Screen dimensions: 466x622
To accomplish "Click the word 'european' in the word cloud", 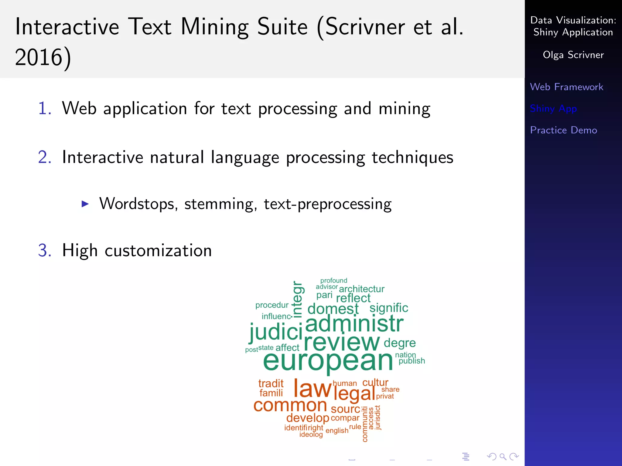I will tap(328, 362).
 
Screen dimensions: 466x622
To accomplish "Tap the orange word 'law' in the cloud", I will tap(312, 389).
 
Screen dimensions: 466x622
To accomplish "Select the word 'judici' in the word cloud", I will tap(276, 332).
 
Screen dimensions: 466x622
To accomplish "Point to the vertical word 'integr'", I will tap(298, 299).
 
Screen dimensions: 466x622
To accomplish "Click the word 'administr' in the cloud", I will tap(354, 324).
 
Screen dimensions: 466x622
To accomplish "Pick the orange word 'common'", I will tap(290, 405).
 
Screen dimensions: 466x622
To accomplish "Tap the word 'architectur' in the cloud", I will tap(361, 289).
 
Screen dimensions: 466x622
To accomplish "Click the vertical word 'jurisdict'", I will tap(378, 418).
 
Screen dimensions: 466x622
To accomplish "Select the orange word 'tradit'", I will tap(271, 383).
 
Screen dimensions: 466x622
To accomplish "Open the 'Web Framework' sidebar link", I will tap(566, 87).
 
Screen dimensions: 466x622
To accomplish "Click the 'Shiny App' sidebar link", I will tap(553, 108).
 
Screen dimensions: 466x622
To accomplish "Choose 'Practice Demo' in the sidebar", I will tap(563, 130).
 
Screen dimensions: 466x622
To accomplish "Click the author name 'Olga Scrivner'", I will tap(573, 55).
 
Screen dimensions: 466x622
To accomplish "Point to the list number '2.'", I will tap(45, 157).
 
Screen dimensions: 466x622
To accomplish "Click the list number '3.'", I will tap(45, 251).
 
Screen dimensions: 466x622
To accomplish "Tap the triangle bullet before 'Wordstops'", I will tap(85, 204).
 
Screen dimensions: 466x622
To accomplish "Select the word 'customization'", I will tap(158, 251).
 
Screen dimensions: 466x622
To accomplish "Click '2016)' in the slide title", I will tap(43, 57).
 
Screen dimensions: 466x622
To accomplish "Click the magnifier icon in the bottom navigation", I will tap(503, 456).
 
